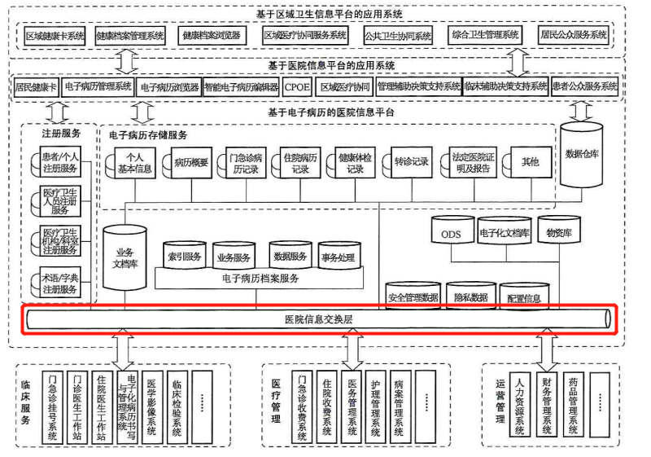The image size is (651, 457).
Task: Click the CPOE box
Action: (x=296, y=86)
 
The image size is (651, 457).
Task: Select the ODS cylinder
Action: (x=452, y=234)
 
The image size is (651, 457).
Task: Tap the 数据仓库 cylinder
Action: (x=581, y=154)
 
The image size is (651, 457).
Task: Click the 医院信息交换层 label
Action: (x=318, y=319)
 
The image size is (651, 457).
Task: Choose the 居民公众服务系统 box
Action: (x=575, y=36)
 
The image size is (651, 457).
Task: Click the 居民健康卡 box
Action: (x=36, y=86)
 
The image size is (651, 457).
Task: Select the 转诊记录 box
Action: (x=410, y=162)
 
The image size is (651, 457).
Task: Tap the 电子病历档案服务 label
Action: (x=260, y=279)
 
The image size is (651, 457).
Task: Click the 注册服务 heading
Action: (x=60, y=133)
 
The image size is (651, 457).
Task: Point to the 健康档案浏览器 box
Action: (x=210, y=36)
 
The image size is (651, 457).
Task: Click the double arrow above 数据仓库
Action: (x=581, y=107)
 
